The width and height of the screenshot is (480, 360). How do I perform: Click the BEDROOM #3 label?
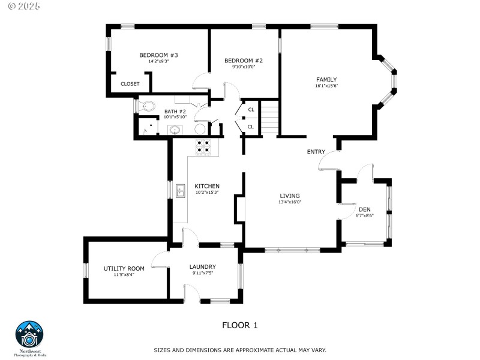point(158,55)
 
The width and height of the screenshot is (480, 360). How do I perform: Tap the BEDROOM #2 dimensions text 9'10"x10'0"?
point(244,67)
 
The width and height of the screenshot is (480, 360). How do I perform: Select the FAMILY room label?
point(326,79)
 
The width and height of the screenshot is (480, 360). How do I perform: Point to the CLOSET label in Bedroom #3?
point(130,84)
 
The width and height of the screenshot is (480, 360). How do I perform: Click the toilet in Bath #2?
point(147,106)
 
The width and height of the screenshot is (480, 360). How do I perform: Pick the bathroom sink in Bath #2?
point(175,130)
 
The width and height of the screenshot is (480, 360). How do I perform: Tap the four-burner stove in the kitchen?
point(203,148)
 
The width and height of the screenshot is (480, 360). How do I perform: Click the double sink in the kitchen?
point(181,191)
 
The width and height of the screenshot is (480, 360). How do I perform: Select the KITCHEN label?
point(206,186)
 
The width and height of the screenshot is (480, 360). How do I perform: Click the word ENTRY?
point(316,152)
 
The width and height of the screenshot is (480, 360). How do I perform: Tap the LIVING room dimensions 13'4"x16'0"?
point(289,202)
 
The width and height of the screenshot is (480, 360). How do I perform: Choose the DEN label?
point(364,209)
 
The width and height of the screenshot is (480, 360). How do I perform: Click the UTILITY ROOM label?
point(124,268)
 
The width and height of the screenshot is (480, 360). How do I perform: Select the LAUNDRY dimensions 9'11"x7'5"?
point(202,273)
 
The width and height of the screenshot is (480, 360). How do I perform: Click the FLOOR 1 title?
point(239,325)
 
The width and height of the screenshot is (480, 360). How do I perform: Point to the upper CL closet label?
point(251,109)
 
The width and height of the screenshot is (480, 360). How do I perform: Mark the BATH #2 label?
point(175,111)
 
